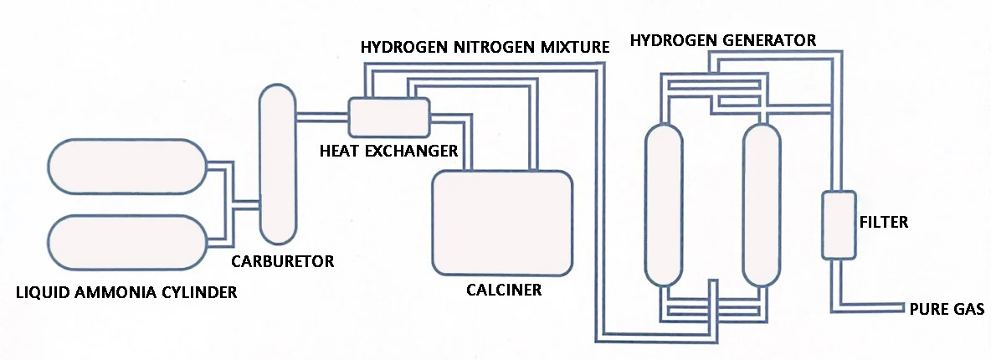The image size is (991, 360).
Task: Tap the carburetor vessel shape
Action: [279, 164]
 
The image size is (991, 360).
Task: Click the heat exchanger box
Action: [388, 116]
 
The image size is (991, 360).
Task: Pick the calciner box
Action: [502, 222]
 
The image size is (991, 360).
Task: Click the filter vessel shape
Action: [839, 224]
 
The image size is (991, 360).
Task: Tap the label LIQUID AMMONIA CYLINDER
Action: [126, 292]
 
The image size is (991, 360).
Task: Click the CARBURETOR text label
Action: [282, 261]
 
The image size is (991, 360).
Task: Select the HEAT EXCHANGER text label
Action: [388, 151]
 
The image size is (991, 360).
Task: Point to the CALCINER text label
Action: [504, 291]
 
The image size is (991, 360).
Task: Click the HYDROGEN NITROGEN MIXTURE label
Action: [484, 46]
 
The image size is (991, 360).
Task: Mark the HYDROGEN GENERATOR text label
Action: [722, 40]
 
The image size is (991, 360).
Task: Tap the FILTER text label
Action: [883, 223]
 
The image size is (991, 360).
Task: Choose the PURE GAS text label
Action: [947, 308]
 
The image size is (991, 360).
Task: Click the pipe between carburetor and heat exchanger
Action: [321, 116]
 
